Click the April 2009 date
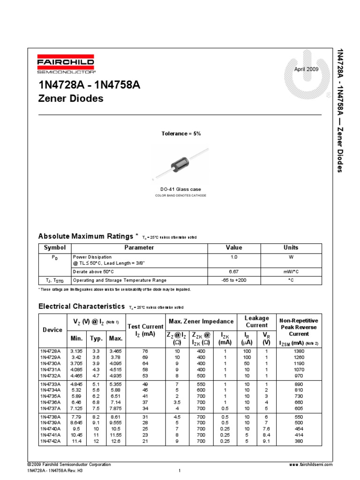pos(306,69)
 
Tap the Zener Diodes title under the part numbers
pos(70,99)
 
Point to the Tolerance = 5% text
pos(181,134)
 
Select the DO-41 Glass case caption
pos(180,189)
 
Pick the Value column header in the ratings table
pos(234,247)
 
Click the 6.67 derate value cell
pos(234,272)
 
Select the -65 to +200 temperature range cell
pos(234,280)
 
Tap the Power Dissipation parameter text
pos(92,257)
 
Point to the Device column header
pos(52,330)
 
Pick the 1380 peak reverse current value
pos(299,351)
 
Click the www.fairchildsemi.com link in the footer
pos(311,465)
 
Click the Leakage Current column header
pos(257,322)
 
